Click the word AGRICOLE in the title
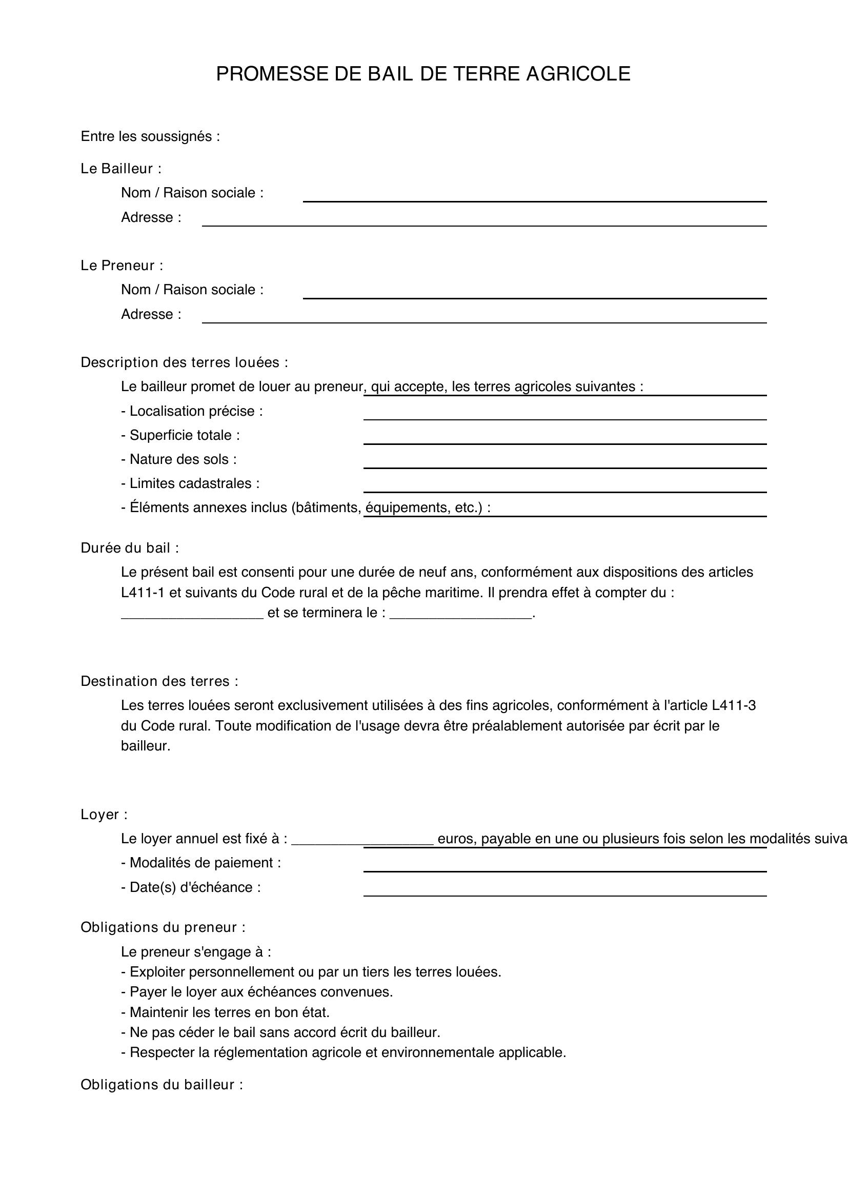[x=578, y=74]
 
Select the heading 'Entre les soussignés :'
[x=150, y=137]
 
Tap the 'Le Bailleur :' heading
[x=120, y=169]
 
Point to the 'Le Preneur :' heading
[x=122, y=266]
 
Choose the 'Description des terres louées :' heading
[x=184, y=362]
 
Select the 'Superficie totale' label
[x=180, y=436]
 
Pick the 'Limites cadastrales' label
[x=190, y=483]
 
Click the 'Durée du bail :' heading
[x=130, y=548]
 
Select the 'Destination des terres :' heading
[x=159, y=681]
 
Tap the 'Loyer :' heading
[x=104, y=815]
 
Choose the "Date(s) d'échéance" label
[x=191, y=887]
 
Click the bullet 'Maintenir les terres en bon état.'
[x=225, y=1012]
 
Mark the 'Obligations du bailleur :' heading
[x=161, y=1085]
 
